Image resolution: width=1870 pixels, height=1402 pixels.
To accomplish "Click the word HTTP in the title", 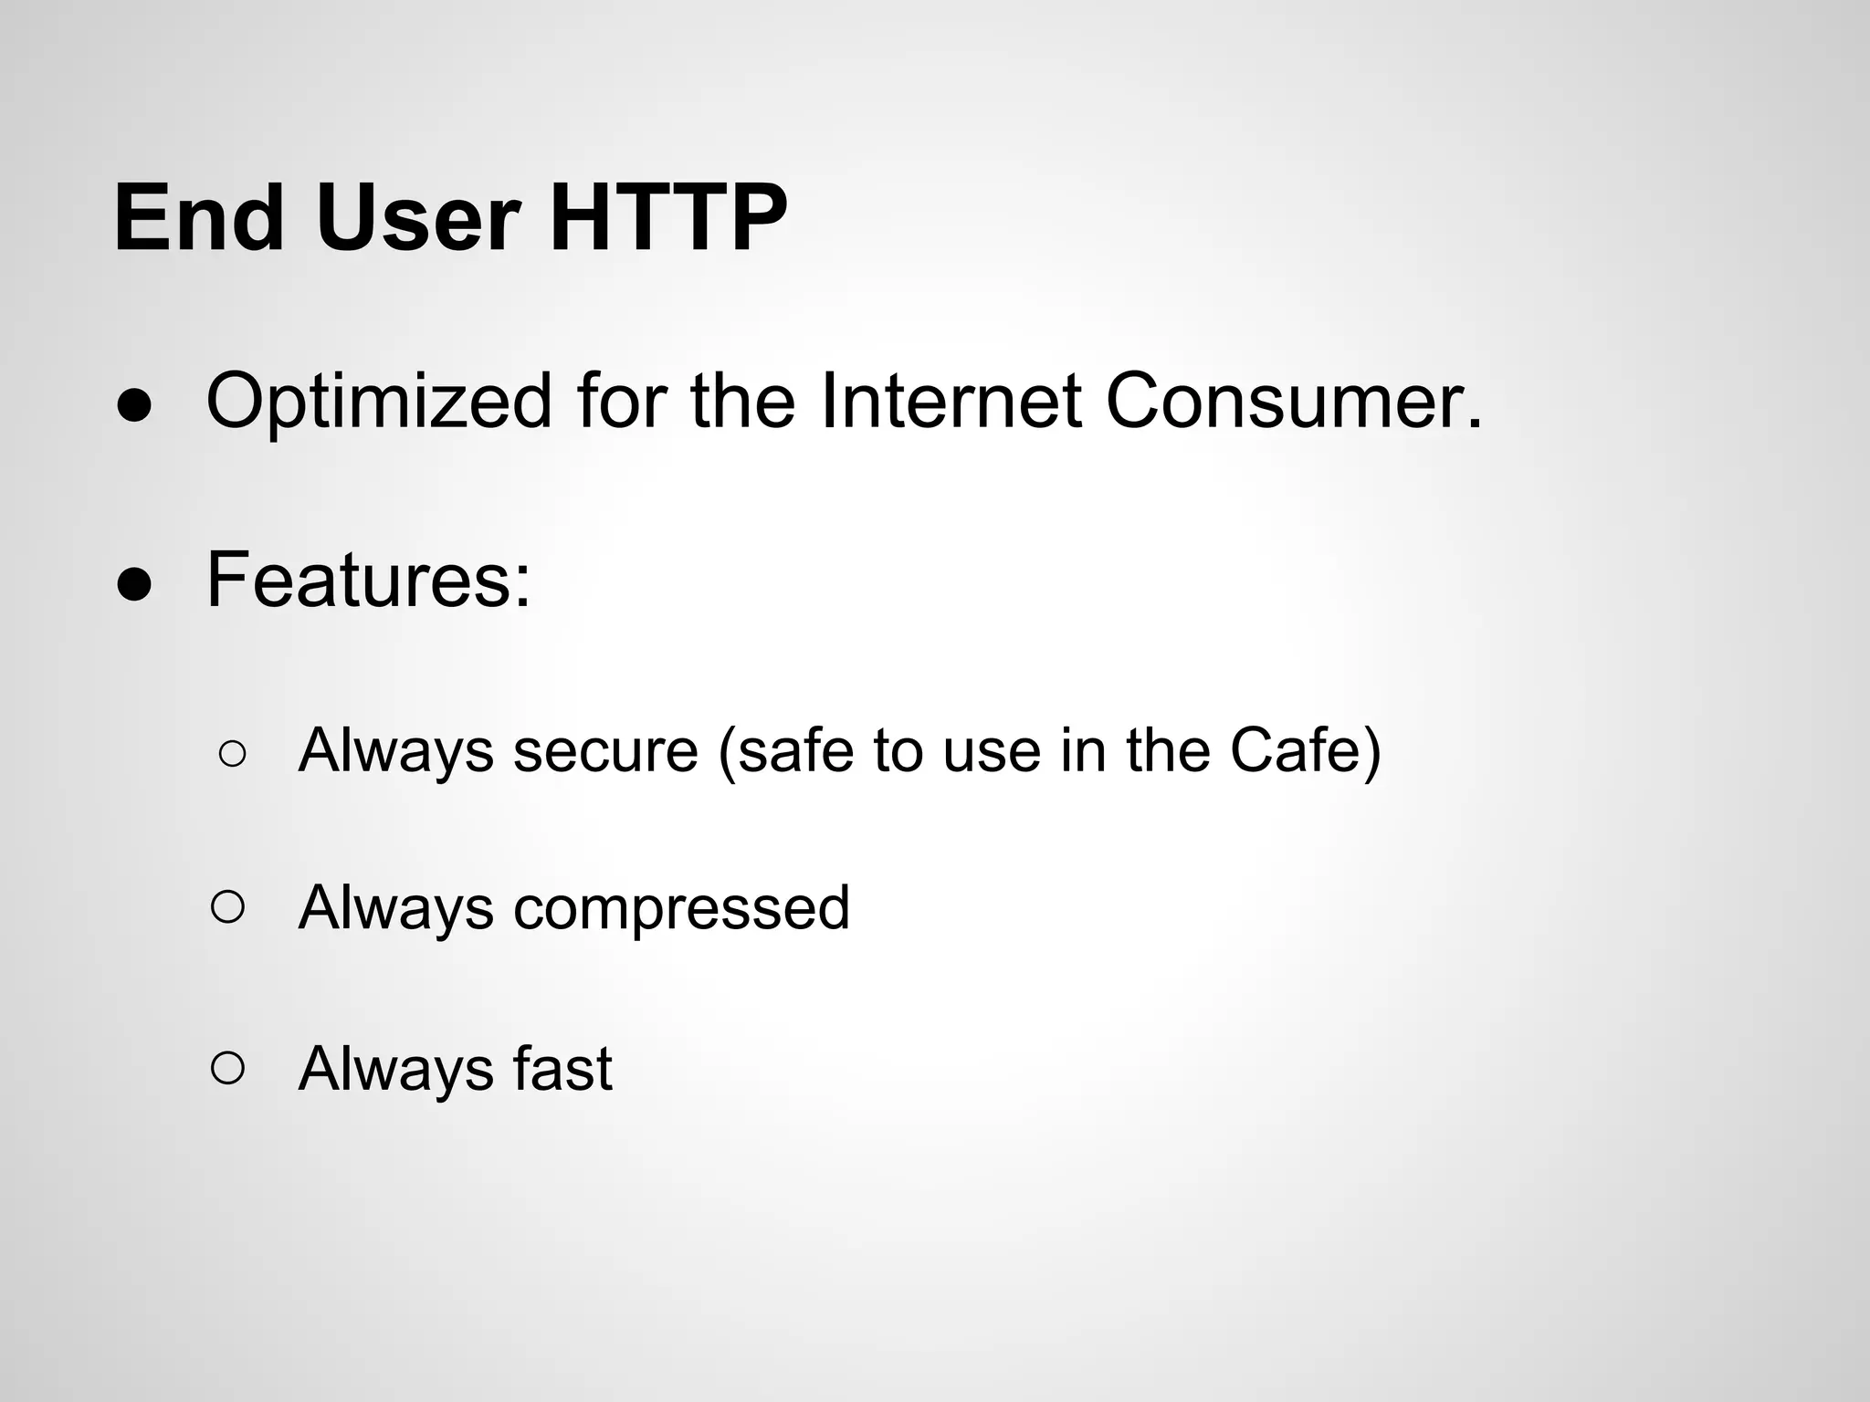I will [667, 218].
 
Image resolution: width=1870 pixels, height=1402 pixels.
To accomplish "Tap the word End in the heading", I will [198, 218].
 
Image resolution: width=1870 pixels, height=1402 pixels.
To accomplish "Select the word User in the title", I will [419, 218].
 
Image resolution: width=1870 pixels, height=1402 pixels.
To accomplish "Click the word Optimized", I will [379, 403].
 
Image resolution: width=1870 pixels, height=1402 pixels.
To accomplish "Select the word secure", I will [605, 750].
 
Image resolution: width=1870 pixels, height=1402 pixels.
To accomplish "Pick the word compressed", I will [681, 909].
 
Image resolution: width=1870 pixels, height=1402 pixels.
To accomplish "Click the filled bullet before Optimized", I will [134, 408].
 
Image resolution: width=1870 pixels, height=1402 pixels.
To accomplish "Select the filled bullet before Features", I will [134, 587].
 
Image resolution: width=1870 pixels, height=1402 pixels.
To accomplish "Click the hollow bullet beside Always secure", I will [232, 754].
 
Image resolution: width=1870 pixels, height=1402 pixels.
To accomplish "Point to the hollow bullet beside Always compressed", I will [227, 907].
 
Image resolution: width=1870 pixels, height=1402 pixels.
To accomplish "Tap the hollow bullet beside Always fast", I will [227, 1067].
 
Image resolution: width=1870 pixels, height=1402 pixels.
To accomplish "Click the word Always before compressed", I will [395, 909].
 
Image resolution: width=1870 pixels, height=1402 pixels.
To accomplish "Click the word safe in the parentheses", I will [786, 750].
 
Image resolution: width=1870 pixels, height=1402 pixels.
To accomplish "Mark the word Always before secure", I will [395, 750].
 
